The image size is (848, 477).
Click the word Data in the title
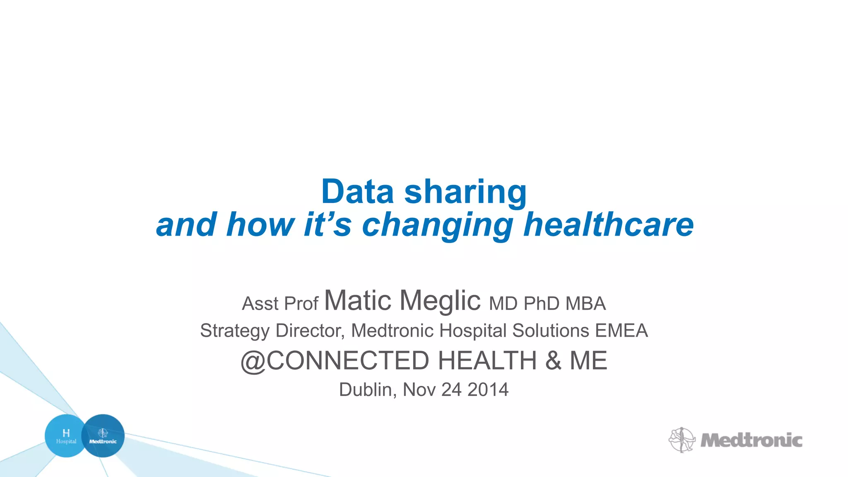coord(357,192)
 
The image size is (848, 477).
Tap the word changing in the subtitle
coord(437,226)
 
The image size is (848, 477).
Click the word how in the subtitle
coord(260,225)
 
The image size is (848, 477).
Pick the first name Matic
coord(358,300)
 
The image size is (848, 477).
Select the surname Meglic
coord(440,301)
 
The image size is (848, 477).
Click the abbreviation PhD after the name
coord(542,304)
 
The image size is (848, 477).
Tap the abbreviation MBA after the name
coord(585,304)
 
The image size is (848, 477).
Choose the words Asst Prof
coord(280,304)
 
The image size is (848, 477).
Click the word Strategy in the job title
coord(235,331)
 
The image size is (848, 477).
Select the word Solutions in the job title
coord(551,330)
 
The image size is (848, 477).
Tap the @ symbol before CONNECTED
coord(253,361)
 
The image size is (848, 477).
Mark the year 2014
coord(488,390)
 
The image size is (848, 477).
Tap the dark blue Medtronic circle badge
coord(103,436)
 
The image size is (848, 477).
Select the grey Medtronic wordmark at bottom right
coord(751,440)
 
